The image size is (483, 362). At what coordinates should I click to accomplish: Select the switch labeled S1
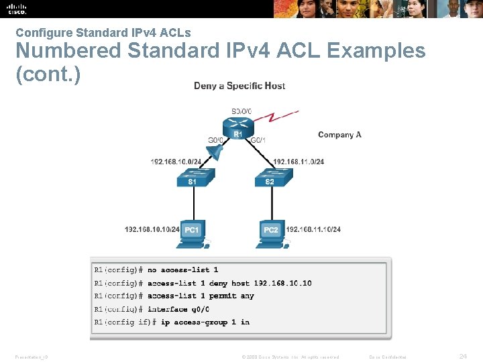coord(193,179)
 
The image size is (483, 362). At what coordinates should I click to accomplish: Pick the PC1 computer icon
coord(193,232)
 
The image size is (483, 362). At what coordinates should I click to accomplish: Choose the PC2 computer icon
coord(270,232)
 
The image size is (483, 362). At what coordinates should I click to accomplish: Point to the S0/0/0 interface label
coord(241,111)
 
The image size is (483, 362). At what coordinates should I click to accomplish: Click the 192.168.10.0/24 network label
coord(176,162)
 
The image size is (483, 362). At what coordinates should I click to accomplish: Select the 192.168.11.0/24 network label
coord(299,162)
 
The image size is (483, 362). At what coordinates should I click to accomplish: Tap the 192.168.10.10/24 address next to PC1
coord(152,229)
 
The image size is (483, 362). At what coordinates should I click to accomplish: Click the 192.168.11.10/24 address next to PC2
coord(313,229)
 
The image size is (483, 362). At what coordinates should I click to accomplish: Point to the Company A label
coord(339,135)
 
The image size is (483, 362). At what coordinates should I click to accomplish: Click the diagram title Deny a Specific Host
coord(239,86)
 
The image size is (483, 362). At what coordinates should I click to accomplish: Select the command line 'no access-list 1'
coord(182,269)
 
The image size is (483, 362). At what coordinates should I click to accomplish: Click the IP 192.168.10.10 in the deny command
coord(282,283)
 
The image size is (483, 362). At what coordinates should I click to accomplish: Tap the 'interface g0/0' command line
coord(178,309)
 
